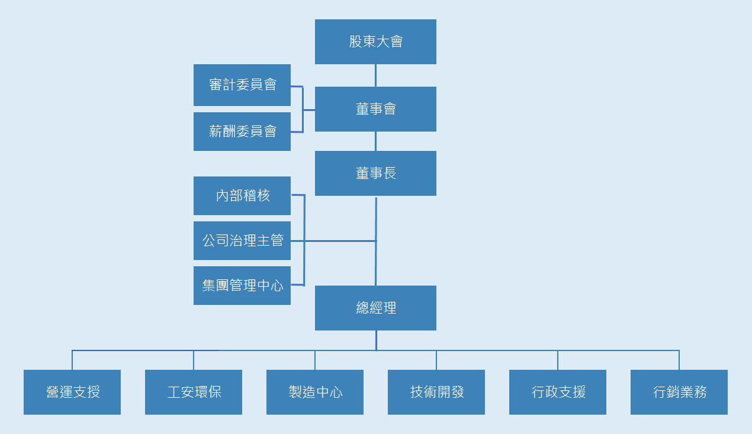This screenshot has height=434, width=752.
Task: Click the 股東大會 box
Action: click(375, 42)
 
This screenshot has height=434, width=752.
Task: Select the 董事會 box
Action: click(375, 109)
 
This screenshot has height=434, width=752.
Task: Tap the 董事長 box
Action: click(375, 173)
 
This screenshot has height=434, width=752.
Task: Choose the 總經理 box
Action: click(375, 308)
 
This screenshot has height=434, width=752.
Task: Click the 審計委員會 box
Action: click(242, 85)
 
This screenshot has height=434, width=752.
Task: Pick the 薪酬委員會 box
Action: click(242, 132)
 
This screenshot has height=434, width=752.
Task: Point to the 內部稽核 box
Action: click(242, 196)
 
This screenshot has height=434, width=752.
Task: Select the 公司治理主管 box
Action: click(242, 241)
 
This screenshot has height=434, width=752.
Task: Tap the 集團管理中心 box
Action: click(242, 286)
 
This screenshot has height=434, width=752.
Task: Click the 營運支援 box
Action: click(72, 392)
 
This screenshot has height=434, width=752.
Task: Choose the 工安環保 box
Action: click(194, 392)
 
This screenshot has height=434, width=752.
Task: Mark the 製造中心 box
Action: click(315, 392)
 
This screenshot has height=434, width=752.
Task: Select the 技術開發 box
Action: click(436, 392)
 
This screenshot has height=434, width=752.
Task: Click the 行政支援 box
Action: click(558, 392)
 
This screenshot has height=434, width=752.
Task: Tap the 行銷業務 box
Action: click(679, 392)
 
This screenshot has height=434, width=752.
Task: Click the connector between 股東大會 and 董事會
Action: click(375, 75)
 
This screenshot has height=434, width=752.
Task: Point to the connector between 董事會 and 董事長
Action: click(375, 141)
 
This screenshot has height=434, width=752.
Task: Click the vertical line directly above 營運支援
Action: click(72, 360)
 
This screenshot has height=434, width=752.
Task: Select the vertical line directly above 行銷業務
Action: click(679, 360)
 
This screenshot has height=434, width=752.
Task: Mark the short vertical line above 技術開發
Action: click(436, 360)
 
